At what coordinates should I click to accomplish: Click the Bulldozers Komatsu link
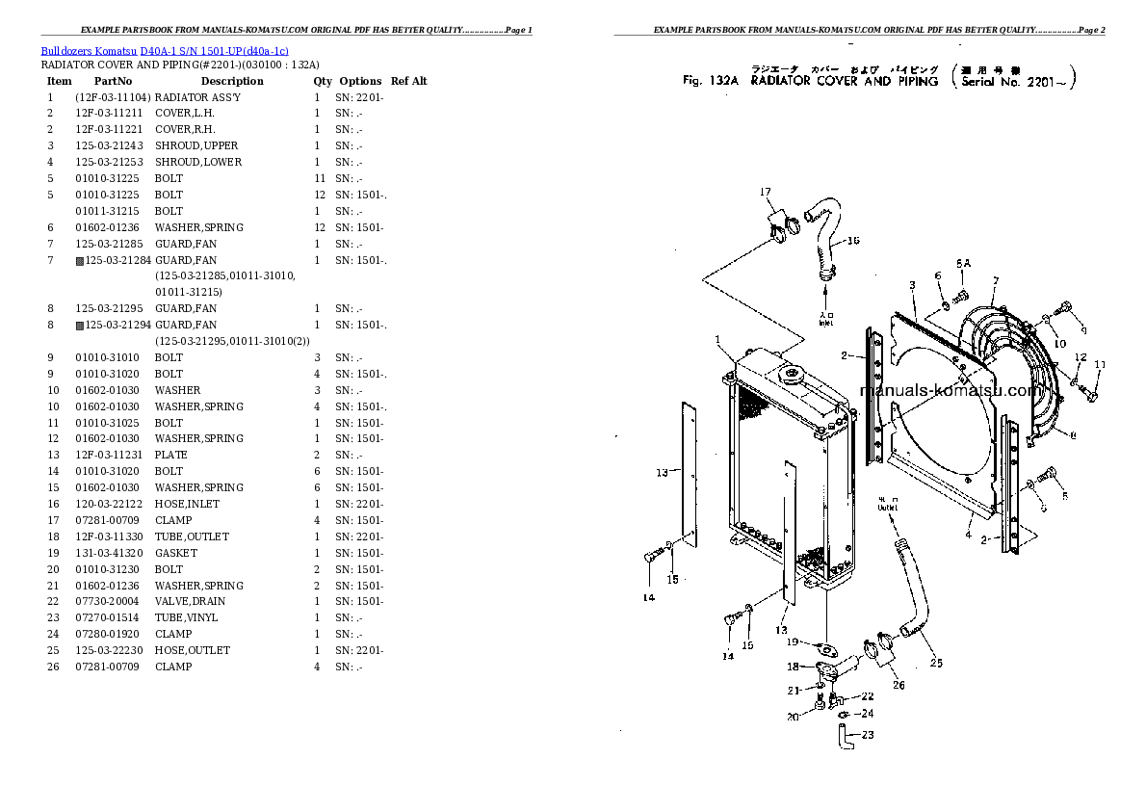coord(89,50)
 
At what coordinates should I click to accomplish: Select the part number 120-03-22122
coord(110,504)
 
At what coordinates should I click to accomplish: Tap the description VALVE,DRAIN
coord(186,601)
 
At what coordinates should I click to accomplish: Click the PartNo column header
coord(112,81)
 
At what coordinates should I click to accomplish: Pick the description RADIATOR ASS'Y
coord(197,97)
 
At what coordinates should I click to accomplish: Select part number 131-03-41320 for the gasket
coord(110,553)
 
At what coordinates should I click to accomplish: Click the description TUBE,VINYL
coord(186,617)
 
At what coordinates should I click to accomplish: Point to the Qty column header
coord(322,81)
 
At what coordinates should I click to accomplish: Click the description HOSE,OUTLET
coord(193,650)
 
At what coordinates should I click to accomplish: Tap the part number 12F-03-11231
coord(110,455)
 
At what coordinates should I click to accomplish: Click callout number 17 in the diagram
coord(767,192)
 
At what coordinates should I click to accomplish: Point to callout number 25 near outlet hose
coord(936,663)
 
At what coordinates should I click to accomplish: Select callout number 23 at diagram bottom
coord(868,735)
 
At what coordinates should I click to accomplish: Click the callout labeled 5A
coord(963,262)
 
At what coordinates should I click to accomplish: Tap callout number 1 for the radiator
coord(717,339)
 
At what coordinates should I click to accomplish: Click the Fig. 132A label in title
coord(710,82)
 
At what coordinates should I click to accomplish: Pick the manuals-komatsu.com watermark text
coord(949,391)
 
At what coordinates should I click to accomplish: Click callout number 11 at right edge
coord(1100,364)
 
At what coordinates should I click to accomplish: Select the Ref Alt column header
coord(409,81)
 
